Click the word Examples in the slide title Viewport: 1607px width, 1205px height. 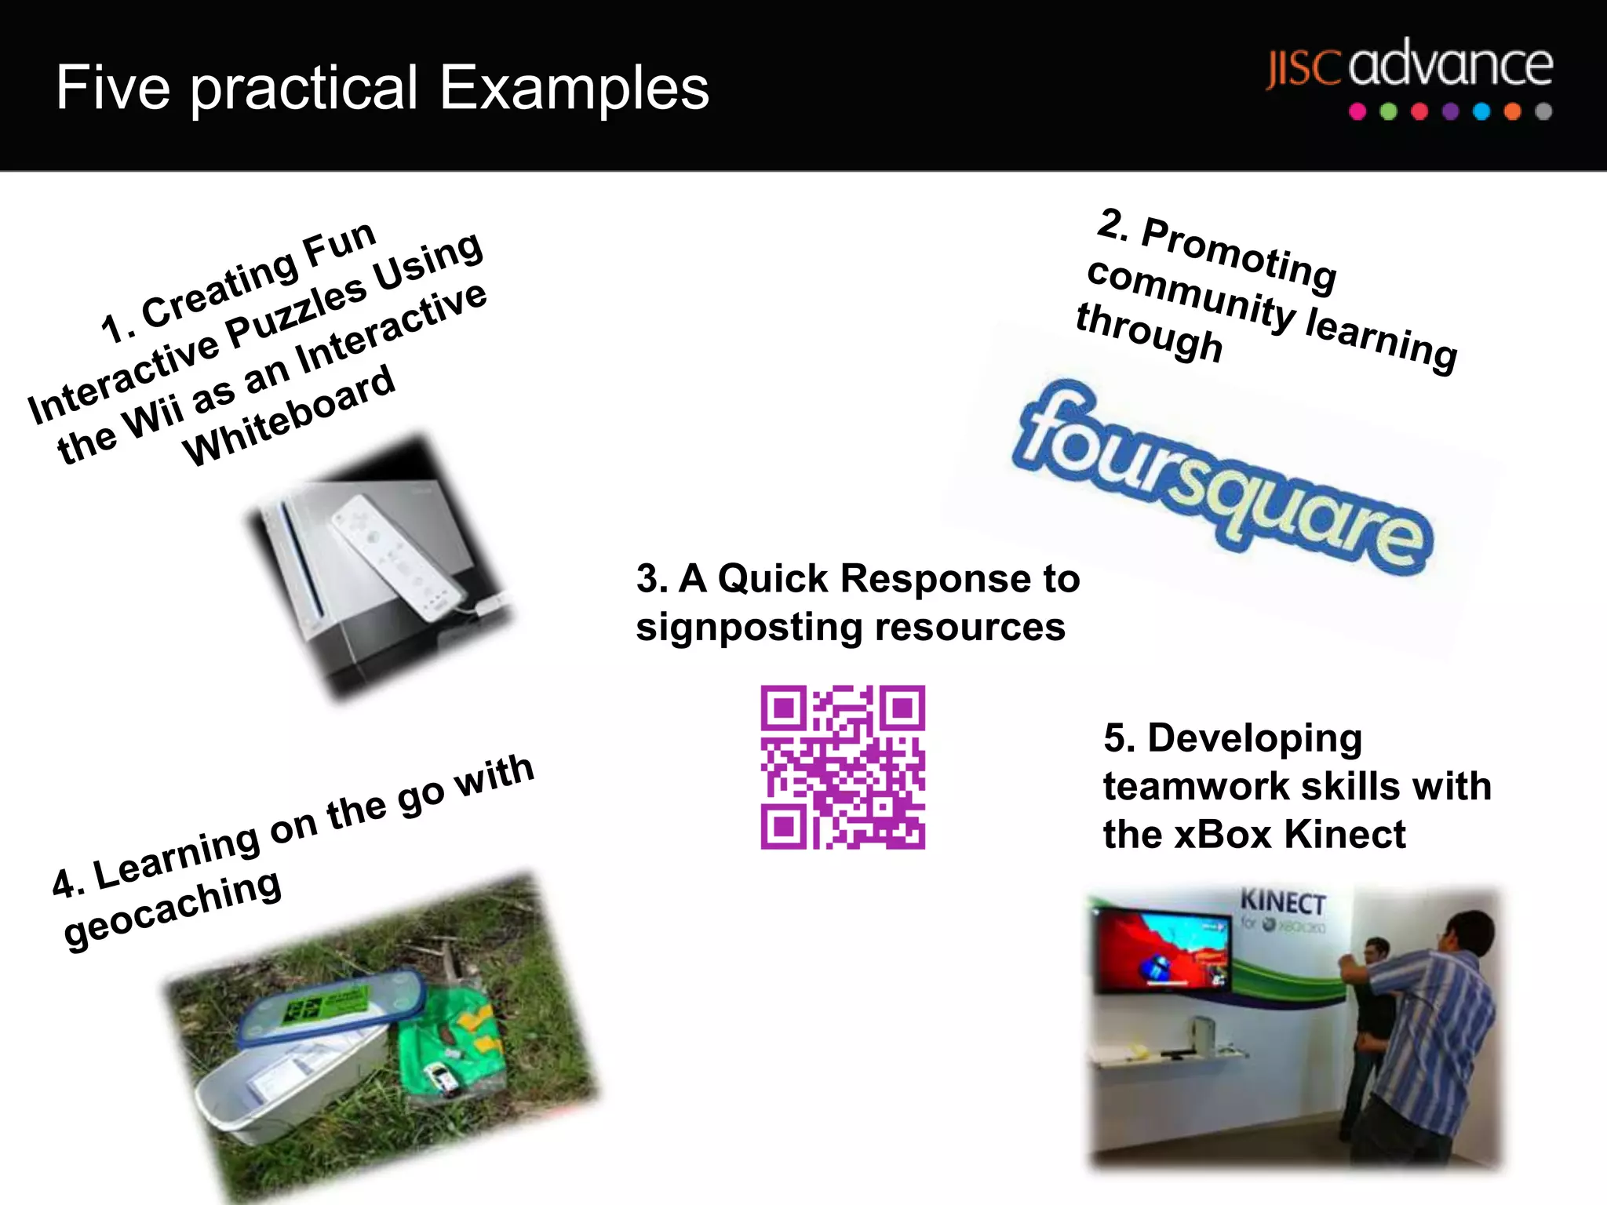[574, 88]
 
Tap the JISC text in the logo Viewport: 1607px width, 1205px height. [1303, 69]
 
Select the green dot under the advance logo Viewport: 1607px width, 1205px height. [1388, 111]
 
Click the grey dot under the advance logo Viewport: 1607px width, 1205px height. [1543, 111]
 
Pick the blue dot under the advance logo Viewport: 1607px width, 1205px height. [1481, 111]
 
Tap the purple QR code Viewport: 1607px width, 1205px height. [843, 767]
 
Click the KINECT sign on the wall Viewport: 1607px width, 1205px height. [1282, 902]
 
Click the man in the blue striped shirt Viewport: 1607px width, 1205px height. [1428, 1036]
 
